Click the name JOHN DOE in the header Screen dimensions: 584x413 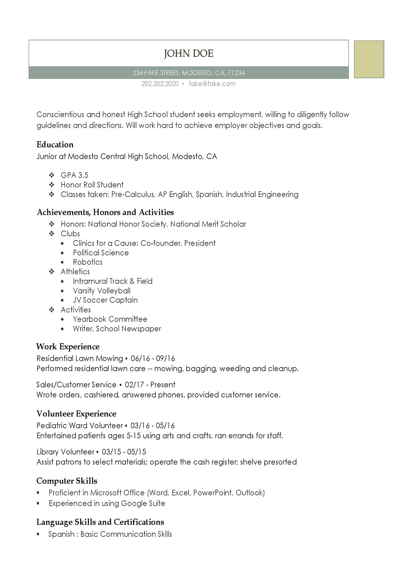click(x=189, y=54)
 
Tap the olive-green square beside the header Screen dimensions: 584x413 click(x=369, y=59)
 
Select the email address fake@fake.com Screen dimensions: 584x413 click(x=212, y=84)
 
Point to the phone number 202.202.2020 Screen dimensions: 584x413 click(x=160, y=84)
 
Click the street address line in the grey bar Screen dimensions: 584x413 click(x=189, y=73)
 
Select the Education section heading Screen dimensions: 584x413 click(x=55, y=145)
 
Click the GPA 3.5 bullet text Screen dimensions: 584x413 click(x=74, y=175)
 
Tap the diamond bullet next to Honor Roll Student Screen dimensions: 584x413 click(x=52, y=185)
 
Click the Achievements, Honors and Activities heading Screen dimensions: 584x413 click(x=105, y=212)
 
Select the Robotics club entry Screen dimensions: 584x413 click(x=87, y=262)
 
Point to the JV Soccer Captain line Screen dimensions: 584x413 click(x=105, y=300)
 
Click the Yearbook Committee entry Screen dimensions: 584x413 click(x=110, y=319)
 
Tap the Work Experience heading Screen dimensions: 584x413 click(x=68, y=347)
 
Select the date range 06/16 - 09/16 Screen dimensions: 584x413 click(x=153, y=358)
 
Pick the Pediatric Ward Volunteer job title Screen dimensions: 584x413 click(x=80, y=425)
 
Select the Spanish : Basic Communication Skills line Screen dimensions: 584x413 click(x=110, y=534)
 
